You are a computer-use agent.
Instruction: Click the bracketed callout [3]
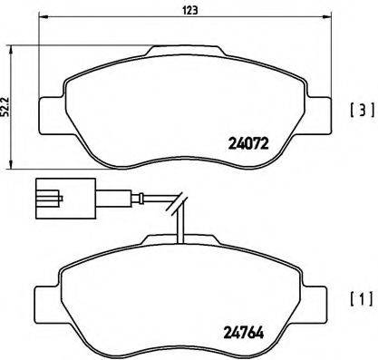pos(359,113)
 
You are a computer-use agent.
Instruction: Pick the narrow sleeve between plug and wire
pos(82,194)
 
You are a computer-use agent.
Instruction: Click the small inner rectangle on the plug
pos(49,193)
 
